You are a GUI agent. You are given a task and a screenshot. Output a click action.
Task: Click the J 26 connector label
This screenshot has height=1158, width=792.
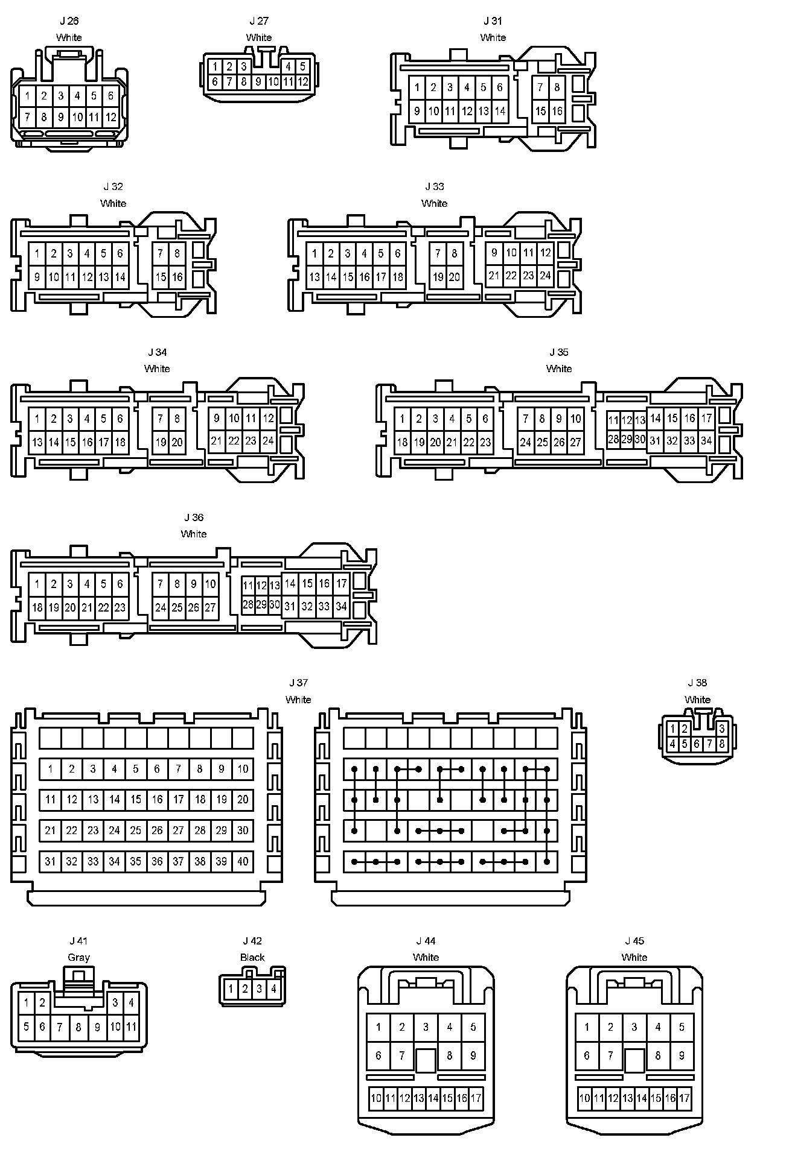[x=69, y=21]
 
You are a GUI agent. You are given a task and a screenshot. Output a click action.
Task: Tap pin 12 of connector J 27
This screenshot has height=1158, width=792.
[x=302, y=82]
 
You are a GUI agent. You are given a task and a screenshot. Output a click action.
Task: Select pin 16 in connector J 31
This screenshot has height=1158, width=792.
[x=557, y=111]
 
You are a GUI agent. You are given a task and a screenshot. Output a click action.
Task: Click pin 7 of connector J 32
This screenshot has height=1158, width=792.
[x=161, y=253]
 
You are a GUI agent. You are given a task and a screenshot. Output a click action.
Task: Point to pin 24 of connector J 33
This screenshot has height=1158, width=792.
[x=545, y=276]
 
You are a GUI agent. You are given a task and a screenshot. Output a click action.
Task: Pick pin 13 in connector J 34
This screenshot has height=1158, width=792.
[x=37, y=442]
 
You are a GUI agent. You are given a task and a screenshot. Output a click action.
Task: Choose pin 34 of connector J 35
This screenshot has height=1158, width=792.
[x=706, y=441]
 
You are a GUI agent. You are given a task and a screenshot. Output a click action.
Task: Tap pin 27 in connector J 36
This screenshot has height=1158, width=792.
[x=210, y=607]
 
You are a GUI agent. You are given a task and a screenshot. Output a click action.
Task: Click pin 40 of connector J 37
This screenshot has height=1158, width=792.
[x=243, y=861]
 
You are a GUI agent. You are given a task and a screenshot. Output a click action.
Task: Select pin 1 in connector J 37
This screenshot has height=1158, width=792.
[x=51, y=769]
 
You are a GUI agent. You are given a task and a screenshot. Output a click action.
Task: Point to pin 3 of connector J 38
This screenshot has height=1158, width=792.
[x=721, y=729]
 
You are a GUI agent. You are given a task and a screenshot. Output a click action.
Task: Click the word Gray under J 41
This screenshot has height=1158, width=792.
[x=78, y=957]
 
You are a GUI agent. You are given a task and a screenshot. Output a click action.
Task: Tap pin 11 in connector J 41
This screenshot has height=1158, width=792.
[x=131, y=1026]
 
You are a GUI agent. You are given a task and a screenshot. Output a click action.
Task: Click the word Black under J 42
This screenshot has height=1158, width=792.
[x=252, y=957]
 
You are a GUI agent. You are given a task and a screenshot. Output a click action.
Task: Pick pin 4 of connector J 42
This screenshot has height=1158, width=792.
[x=273, y=989]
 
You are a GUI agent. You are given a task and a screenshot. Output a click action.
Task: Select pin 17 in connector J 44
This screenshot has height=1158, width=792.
[x=476, y=1098]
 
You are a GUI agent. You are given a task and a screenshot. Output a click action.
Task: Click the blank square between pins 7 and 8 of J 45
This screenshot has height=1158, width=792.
[x=634, y=1060]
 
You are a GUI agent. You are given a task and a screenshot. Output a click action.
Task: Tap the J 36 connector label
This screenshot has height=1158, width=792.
[x=194, y=517]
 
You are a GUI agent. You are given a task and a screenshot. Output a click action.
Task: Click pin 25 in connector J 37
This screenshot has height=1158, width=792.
[x=136, y=831]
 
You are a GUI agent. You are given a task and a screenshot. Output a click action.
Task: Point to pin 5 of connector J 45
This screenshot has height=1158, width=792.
[x=682, y=1027]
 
